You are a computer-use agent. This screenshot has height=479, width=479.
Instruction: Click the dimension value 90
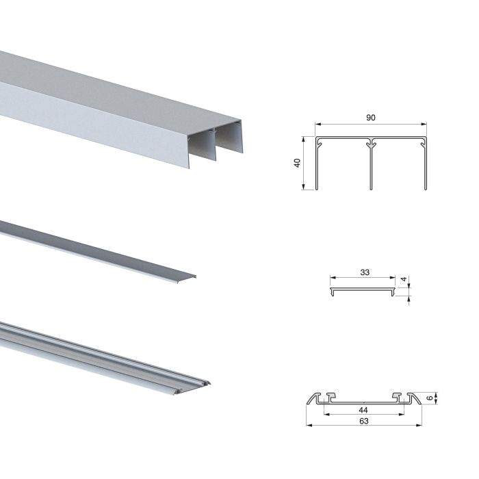tap(370, 117)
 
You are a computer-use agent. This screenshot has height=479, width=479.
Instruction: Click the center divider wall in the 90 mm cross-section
tap(370, 168)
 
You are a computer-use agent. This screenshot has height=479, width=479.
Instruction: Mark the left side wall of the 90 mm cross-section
tap(318, 168)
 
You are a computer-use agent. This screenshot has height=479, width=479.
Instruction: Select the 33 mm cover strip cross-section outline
tap(363, 290)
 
